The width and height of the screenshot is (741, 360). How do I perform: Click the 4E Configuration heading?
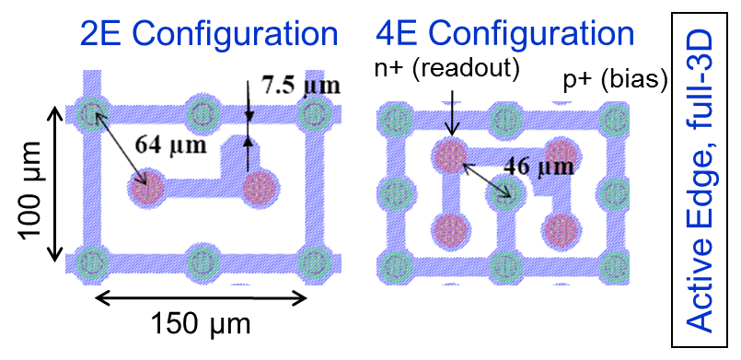click(504, 34)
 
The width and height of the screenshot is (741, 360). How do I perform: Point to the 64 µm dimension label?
click(167, 145)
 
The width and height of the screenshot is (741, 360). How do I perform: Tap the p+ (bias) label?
click(614, 81)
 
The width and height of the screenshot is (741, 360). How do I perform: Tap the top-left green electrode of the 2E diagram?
click(90, 115)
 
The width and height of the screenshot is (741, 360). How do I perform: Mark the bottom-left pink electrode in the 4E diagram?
click(451, 228)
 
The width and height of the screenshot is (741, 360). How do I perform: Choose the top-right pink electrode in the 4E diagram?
click(558, 155)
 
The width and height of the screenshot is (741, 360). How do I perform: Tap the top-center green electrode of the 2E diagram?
click(203, 114)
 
